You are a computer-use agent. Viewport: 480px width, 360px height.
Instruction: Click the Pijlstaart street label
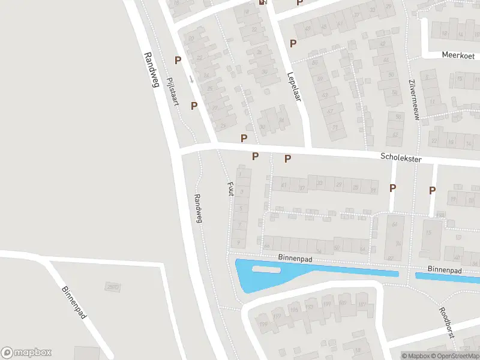(x=172, y=91)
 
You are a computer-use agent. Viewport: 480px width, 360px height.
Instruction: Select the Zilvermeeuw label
(x=412, y=99)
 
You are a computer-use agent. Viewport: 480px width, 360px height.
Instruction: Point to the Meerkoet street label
(x=458, y=55)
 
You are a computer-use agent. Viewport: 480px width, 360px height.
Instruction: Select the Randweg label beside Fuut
(x=199, y=208)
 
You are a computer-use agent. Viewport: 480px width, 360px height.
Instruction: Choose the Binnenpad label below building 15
(x=445, y=271)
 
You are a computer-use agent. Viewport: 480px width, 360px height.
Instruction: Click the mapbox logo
(x=26, y=353)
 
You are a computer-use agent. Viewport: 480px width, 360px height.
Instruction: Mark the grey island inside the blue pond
(x=265, y=269)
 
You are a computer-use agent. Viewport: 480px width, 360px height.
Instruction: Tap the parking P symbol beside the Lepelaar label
(x=293, y=43)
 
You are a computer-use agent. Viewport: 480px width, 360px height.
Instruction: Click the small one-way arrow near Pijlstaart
(x=191, y=79)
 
